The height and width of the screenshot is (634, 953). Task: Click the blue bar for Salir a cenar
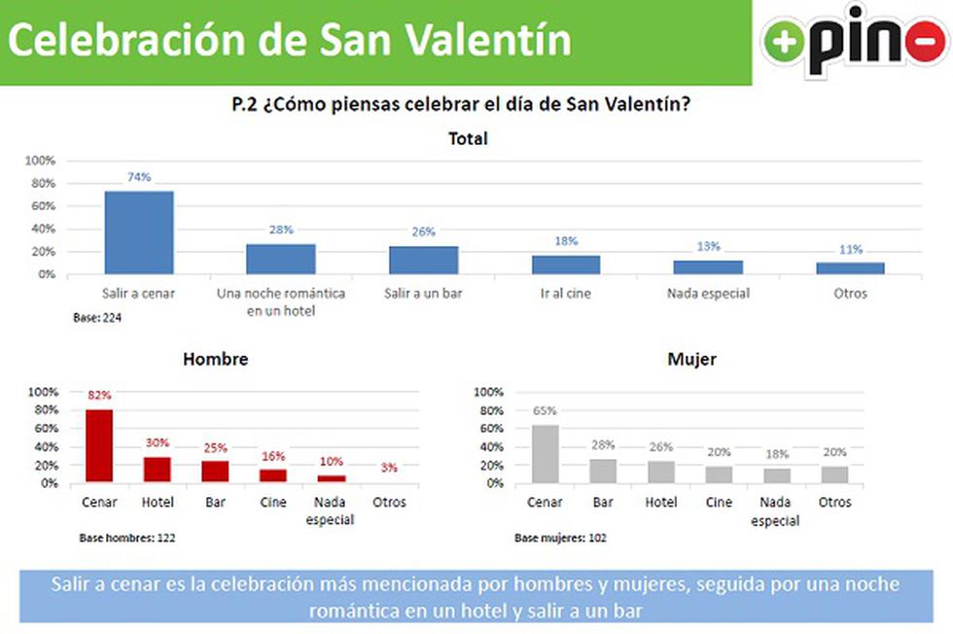click(x=139, y=232)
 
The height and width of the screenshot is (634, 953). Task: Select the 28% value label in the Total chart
click(x=281, y=230)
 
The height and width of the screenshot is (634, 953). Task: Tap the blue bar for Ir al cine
click(x=566, y=264)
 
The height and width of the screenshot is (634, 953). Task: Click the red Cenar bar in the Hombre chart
click(x=99, y=445)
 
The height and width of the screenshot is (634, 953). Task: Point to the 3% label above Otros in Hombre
click(x=389, y=468)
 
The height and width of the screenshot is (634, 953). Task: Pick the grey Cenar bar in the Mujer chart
click(x=545, y=453)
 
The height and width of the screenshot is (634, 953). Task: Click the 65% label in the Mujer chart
click(x=545, y=410)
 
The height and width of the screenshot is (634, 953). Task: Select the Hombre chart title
click(x=216, y=359)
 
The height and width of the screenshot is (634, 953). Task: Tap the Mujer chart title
click(x=692, y=359)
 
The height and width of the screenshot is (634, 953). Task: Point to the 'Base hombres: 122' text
click(x=126, y=537)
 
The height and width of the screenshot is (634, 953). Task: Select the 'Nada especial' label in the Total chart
click(x=708, y=293)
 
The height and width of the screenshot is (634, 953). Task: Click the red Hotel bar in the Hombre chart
click(x=158, y=470)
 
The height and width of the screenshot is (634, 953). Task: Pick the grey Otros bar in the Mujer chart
click(x=834, y=474)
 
